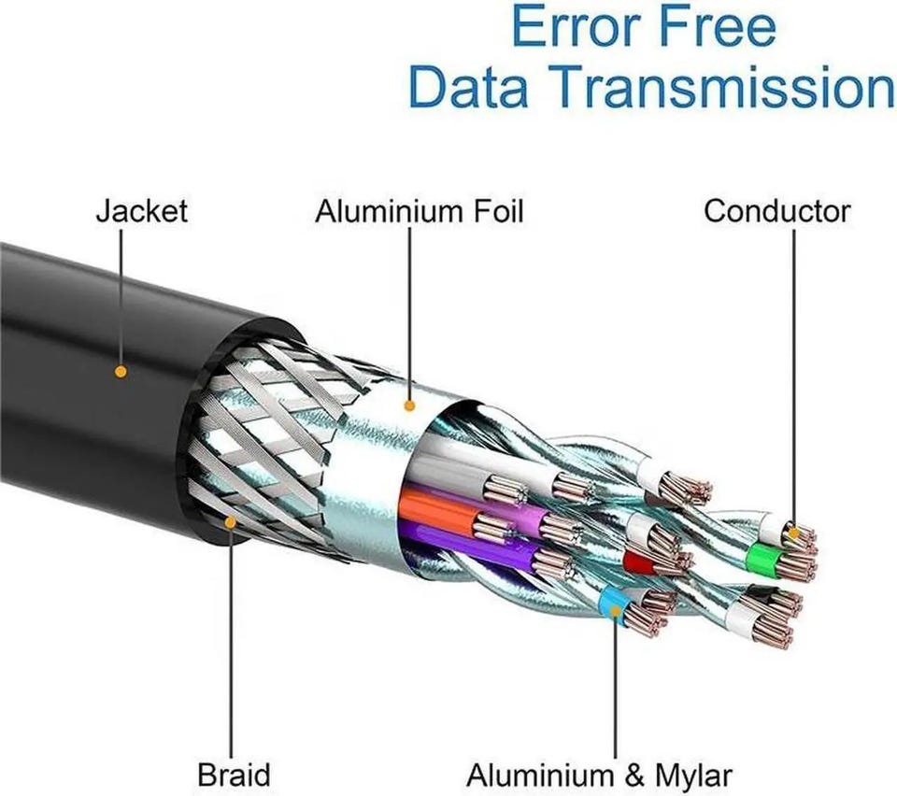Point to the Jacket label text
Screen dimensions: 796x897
[x=141, y=210]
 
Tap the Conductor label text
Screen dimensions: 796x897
[x=776, y=210]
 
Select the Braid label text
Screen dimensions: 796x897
[x=234, y=774]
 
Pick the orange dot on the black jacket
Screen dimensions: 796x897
[x=120, y=371]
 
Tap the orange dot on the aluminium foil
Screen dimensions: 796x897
[x=408, y=405]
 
